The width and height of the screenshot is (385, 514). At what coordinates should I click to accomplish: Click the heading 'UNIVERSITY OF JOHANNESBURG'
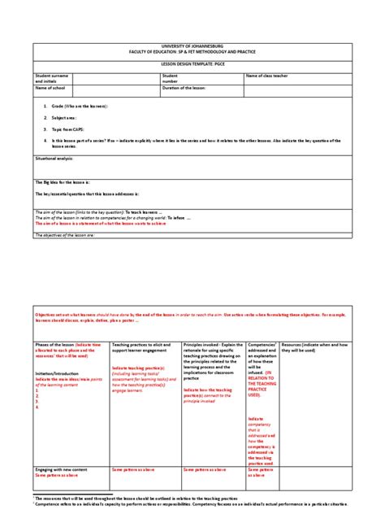pos(192,46)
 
